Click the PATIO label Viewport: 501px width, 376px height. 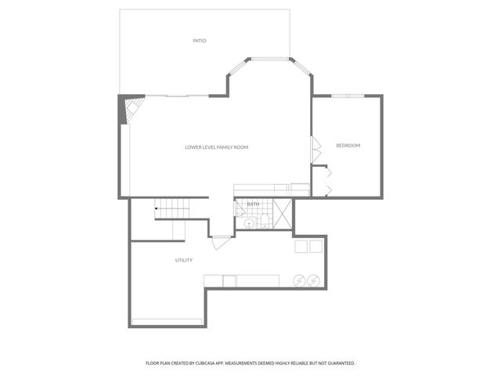200,40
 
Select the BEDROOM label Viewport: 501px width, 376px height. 348,146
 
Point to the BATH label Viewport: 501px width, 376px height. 253,204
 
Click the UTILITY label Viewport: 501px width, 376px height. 184,260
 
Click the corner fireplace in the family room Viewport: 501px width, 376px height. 128,107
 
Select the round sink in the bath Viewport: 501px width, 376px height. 249,222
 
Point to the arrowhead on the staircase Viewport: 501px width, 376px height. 157,208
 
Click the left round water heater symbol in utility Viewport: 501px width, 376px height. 297,280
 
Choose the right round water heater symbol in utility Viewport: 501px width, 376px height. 312,280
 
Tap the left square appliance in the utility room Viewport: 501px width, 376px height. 301,247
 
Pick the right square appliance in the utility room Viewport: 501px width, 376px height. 315,247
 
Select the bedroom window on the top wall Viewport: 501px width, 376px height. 348,96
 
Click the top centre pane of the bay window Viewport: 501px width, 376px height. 270,58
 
